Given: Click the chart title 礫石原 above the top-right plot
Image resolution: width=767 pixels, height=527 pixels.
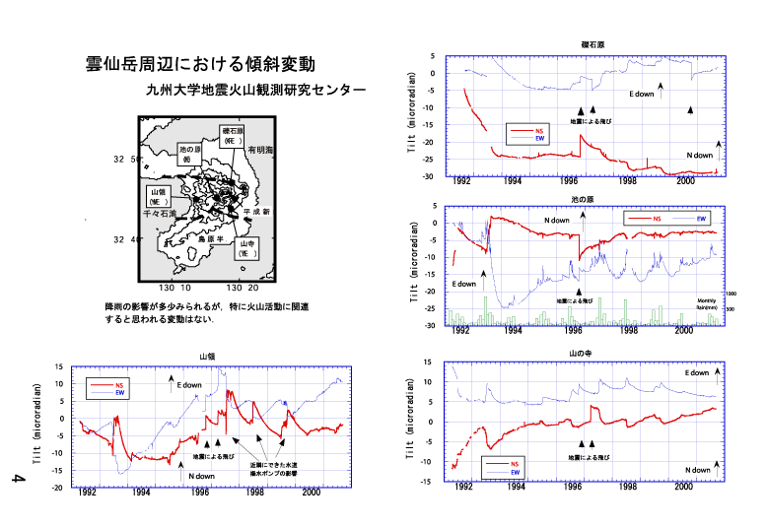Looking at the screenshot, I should pos(593,45).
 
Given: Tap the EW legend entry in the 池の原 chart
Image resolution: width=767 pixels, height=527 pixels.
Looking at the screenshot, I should pos(702,217).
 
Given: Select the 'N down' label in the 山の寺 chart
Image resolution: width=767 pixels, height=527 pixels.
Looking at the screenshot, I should pos(698,470).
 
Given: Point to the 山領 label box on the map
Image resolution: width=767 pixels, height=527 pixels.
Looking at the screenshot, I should pos(160,195).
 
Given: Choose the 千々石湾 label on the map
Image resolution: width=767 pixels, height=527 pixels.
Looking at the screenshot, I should pos(159,214).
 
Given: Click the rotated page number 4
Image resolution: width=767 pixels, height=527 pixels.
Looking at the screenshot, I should pos(17,480).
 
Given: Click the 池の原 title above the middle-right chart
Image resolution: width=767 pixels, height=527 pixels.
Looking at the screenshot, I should pos(583,199).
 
